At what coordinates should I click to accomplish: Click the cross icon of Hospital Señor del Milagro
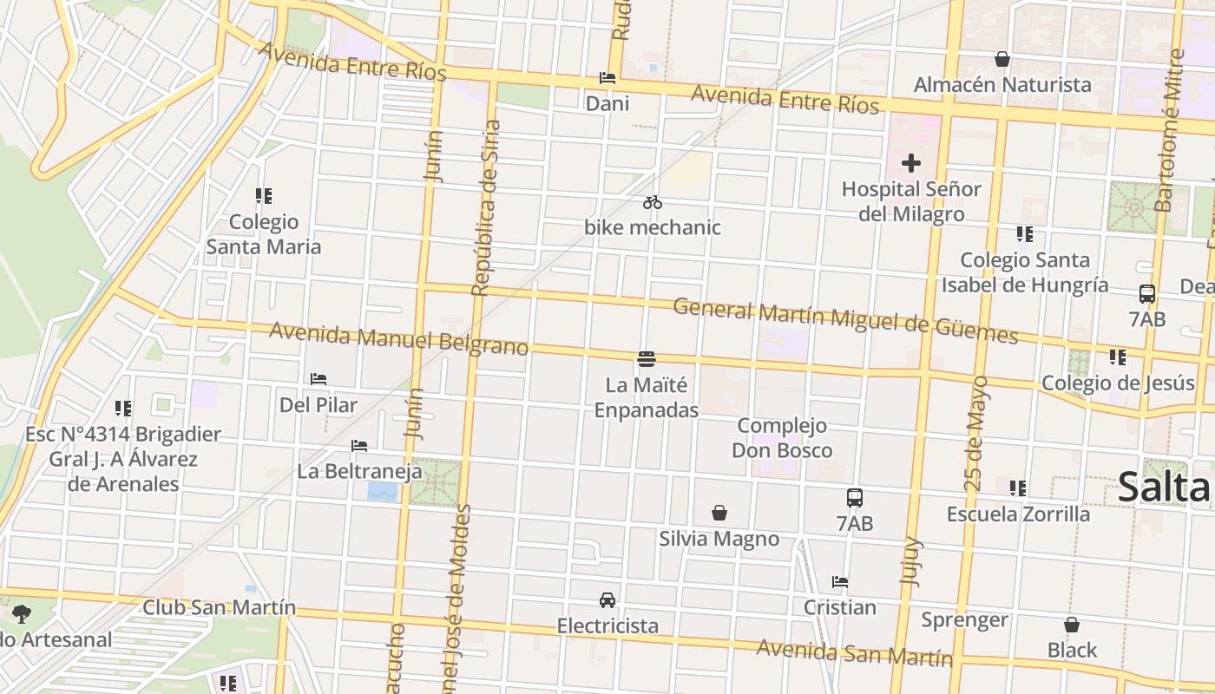(x=910, y=163)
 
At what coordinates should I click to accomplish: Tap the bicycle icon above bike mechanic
(x=653, y=203)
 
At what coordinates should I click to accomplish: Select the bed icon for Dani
(x=607, y=78)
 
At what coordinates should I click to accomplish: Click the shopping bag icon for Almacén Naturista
(x=1002, y=59)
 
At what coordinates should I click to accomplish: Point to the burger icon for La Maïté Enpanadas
(x=646, y=358)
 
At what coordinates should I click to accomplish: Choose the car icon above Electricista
(x=607, y=600)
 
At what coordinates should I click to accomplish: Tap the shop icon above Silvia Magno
(x=719, y=513)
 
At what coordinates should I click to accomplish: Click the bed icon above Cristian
(x=839, y=582)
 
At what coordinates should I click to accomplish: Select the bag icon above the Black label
(x=1072, y=625)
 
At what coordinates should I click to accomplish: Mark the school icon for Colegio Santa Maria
(x=264, y=196)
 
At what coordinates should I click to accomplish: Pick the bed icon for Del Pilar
(x=319, y=379)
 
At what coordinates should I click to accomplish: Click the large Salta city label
(x=1163, y=487)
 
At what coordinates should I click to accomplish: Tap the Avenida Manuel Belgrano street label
(x=398, y=339)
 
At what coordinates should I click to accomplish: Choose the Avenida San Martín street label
(x=854, y=652)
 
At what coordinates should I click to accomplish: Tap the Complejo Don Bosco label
(x=781, y=438)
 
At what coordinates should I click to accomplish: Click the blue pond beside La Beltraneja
(x=383, y=492)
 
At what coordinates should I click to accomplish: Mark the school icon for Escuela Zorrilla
(x=1018, y=488)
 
